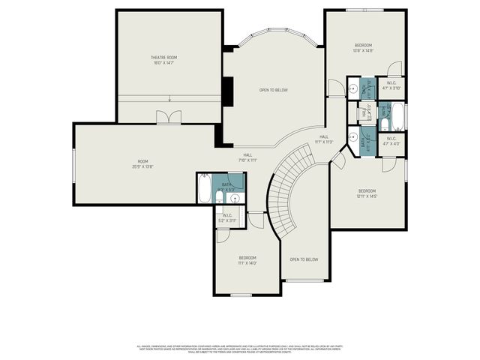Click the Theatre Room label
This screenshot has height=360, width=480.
coord(163,60)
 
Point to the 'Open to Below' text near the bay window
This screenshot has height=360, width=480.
coord(273,90)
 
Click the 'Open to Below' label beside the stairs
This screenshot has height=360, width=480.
coord(304,259)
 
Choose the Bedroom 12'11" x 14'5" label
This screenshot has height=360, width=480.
coord(366,193)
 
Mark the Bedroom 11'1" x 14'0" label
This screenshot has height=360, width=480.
coord(247,260)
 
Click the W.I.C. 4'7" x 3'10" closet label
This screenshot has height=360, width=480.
coord(391,85)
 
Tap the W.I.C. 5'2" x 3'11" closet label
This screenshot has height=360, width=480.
coord(227,218)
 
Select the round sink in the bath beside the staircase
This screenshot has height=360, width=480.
coord(235,198)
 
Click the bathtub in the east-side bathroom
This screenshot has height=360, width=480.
coord(397,115)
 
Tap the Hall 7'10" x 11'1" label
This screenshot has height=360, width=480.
coord(247,157)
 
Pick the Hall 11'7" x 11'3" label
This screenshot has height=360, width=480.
coord(324,139)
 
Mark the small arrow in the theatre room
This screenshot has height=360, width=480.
coord(170,99)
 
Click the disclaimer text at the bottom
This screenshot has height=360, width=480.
coord(240,349)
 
